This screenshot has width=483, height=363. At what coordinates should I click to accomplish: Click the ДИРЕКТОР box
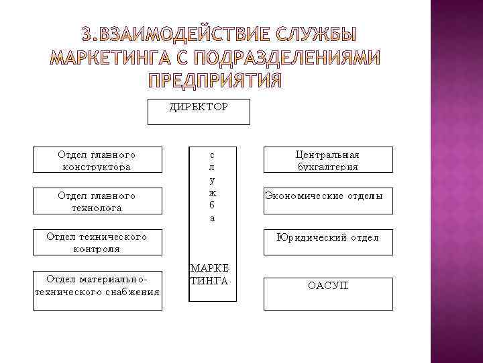click(x=199, y=112)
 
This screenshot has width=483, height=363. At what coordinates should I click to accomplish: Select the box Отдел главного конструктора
click(x=98, y=160)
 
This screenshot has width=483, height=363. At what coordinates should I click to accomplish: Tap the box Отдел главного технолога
click(x=98, y=201)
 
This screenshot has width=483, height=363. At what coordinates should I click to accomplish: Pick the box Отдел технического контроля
click(x=98, y=242)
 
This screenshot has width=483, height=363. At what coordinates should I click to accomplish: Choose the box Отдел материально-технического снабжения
click(x=98, y=290)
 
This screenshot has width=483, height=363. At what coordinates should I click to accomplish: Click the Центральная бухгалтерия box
click(x=328, y=160)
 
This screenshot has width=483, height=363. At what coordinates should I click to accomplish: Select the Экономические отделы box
click(x=328, y=200)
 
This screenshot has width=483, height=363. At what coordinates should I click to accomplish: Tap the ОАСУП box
click(x=328, y=293)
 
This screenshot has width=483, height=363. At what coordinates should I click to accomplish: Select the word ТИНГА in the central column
click(x=209, y=280)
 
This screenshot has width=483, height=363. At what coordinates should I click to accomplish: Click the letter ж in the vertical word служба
click(x=212, y=193)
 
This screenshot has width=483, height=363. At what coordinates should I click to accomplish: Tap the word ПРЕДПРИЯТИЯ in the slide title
click(x=215, y=81)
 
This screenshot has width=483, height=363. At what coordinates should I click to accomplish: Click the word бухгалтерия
click(x=328, y=166)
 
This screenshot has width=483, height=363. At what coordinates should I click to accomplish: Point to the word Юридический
click(x=309, y=237)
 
